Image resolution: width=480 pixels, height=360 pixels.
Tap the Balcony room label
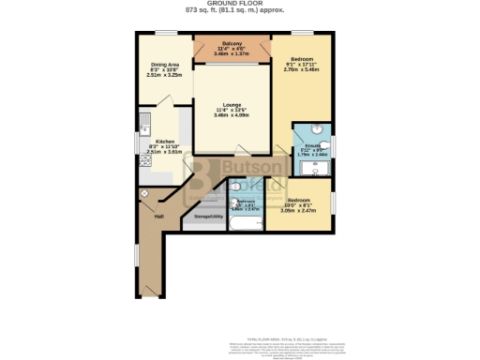[232, 44]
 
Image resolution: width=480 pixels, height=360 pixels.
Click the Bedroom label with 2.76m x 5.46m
[302, 58]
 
